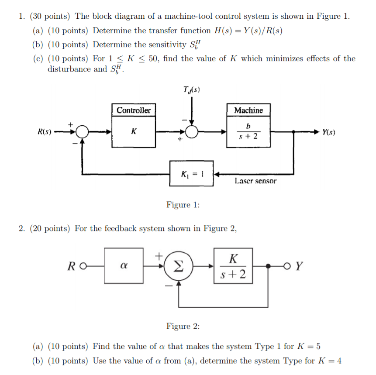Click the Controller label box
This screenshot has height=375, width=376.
tap(134, 110)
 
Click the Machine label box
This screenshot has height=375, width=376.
tap(248, 110)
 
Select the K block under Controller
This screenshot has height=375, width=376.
tap(134, 131)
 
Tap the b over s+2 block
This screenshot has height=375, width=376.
tap(248, 131)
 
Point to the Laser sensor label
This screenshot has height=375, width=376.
tap(255, 180)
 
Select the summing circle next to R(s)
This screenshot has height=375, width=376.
tap(82, 131)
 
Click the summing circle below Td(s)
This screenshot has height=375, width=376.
tap(192, 131)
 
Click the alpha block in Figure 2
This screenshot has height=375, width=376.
tap(124, 266)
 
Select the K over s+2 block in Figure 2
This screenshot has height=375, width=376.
tap(233, 266)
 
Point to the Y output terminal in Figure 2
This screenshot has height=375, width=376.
tap(292, 266)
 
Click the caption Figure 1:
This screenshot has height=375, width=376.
tap(183, 205)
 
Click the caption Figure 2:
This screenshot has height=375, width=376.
tap(183, 326)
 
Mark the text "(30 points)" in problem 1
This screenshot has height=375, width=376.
tap(49, 17)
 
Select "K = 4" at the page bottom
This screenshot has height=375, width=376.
tap(331, 361)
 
